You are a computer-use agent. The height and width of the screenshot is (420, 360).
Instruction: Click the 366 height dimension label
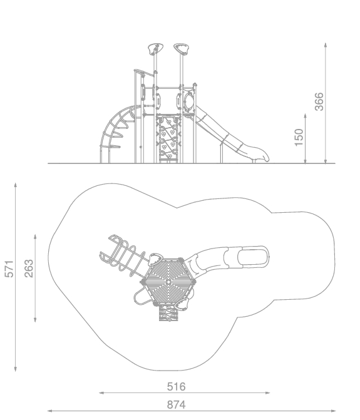319,102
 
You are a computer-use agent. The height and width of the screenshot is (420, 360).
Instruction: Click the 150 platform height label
299,138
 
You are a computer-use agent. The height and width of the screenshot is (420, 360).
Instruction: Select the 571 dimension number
9,269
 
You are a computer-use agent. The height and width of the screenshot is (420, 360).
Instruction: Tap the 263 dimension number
29,269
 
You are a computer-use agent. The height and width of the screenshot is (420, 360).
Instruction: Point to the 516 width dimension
177,387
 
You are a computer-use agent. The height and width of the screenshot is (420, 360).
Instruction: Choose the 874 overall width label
177,405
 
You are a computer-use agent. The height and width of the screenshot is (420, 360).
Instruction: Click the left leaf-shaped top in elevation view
156,49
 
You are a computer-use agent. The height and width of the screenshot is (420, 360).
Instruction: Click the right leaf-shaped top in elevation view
182,49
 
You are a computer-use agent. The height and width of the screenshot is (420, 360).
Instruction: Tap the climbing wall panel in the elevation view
168,138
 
